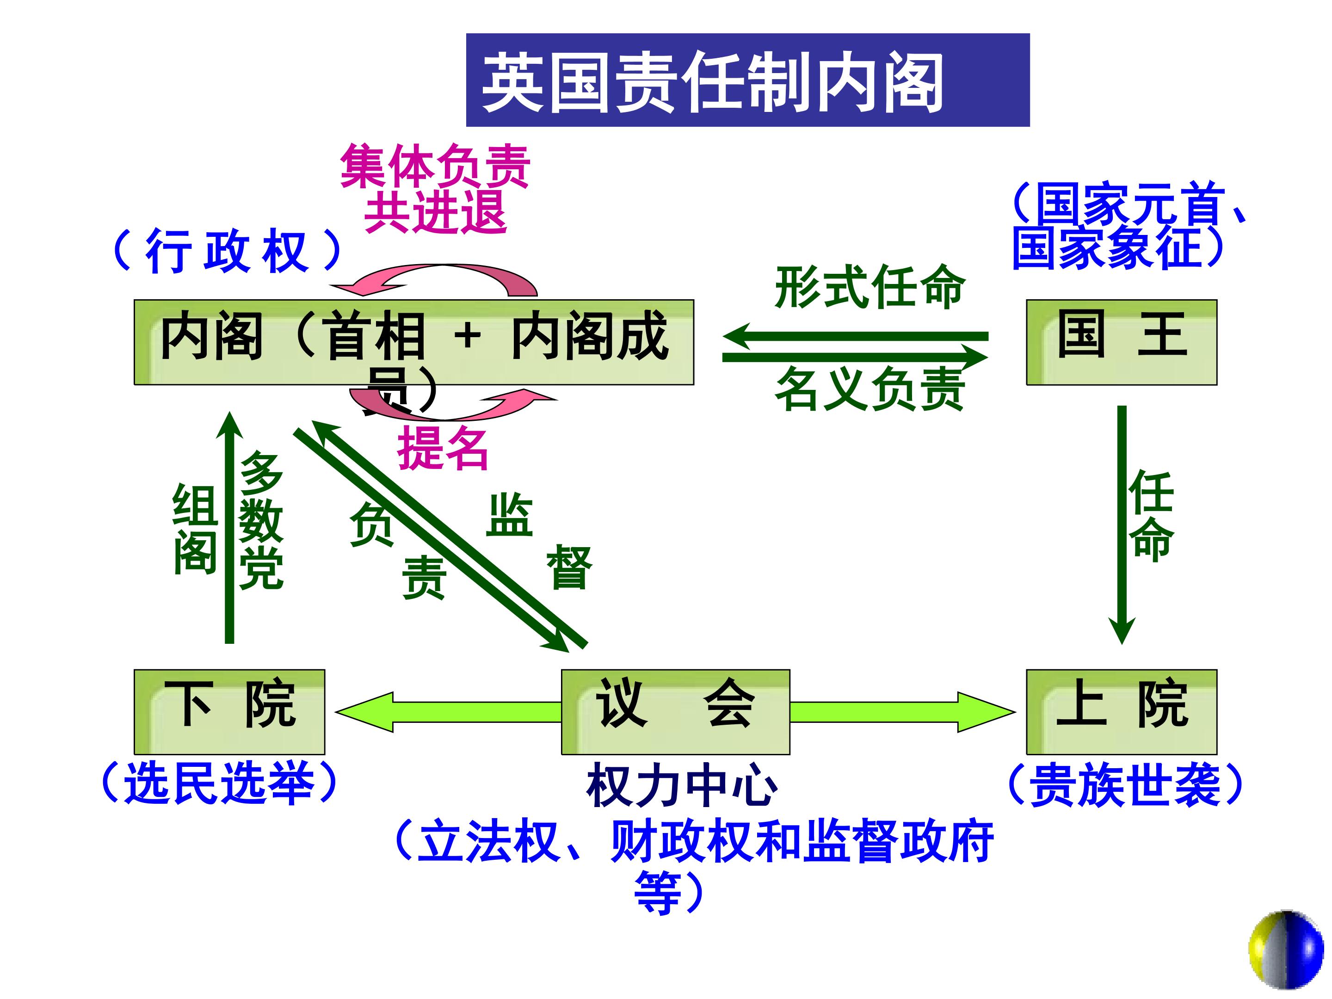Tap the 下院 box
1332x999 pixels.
coord(229,711)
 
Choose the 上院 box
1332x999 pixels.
coord(1121,711)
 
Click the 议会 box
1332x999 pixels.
coord(675,711)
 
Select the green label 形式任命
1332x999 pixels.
coord(869,287)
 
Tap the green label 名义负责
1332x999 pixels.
coord(869,389)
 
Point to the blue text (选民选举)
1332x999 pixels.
coord(219,783)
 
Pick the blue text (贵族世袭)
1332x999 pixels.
coord(1124,784)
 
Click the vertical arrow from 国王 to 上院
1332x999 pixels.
coord(1122,524)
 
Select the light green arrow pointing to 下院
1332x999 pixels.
coord(445,712)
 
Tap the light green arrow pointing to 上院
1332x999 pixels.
coord(903,712)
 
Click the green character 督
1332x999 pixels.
coord(569,567)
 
